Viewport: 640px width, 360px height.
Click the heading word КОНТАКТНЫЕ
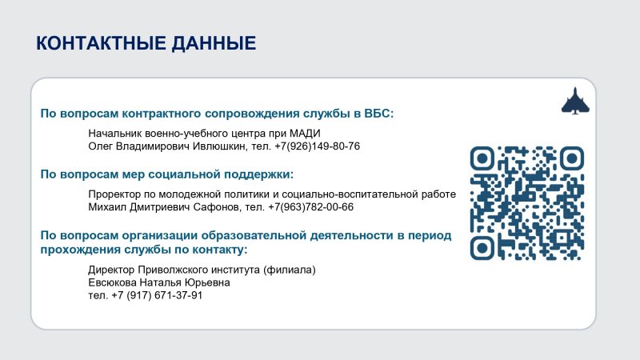click(x=101, y=43)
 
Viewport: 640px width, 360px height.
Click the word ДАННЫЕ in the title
click(x=214, y=43)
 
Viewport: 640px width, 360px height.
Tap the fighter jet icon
click(x=575, y=101)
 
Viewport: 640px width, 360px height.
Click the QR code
click(x=527, y=203)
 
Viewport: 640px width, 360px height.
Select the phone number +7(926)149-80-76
click(x=317, y=146)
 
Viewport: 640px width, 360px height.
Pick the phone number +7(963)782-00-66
click(x=310, y=207)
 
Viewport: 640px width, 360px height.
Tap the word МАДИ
click(x=305, y=134)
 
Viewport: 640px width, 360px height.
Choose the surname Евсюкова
click(x=112, y=282)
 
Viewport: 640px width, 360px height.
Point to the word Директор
click(x=111, y=270)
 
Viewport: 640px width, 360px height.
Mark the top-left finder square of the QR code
click(x=482, y=158)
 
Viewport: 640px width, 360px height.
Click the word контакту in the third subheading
click(x=220, y=250)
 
